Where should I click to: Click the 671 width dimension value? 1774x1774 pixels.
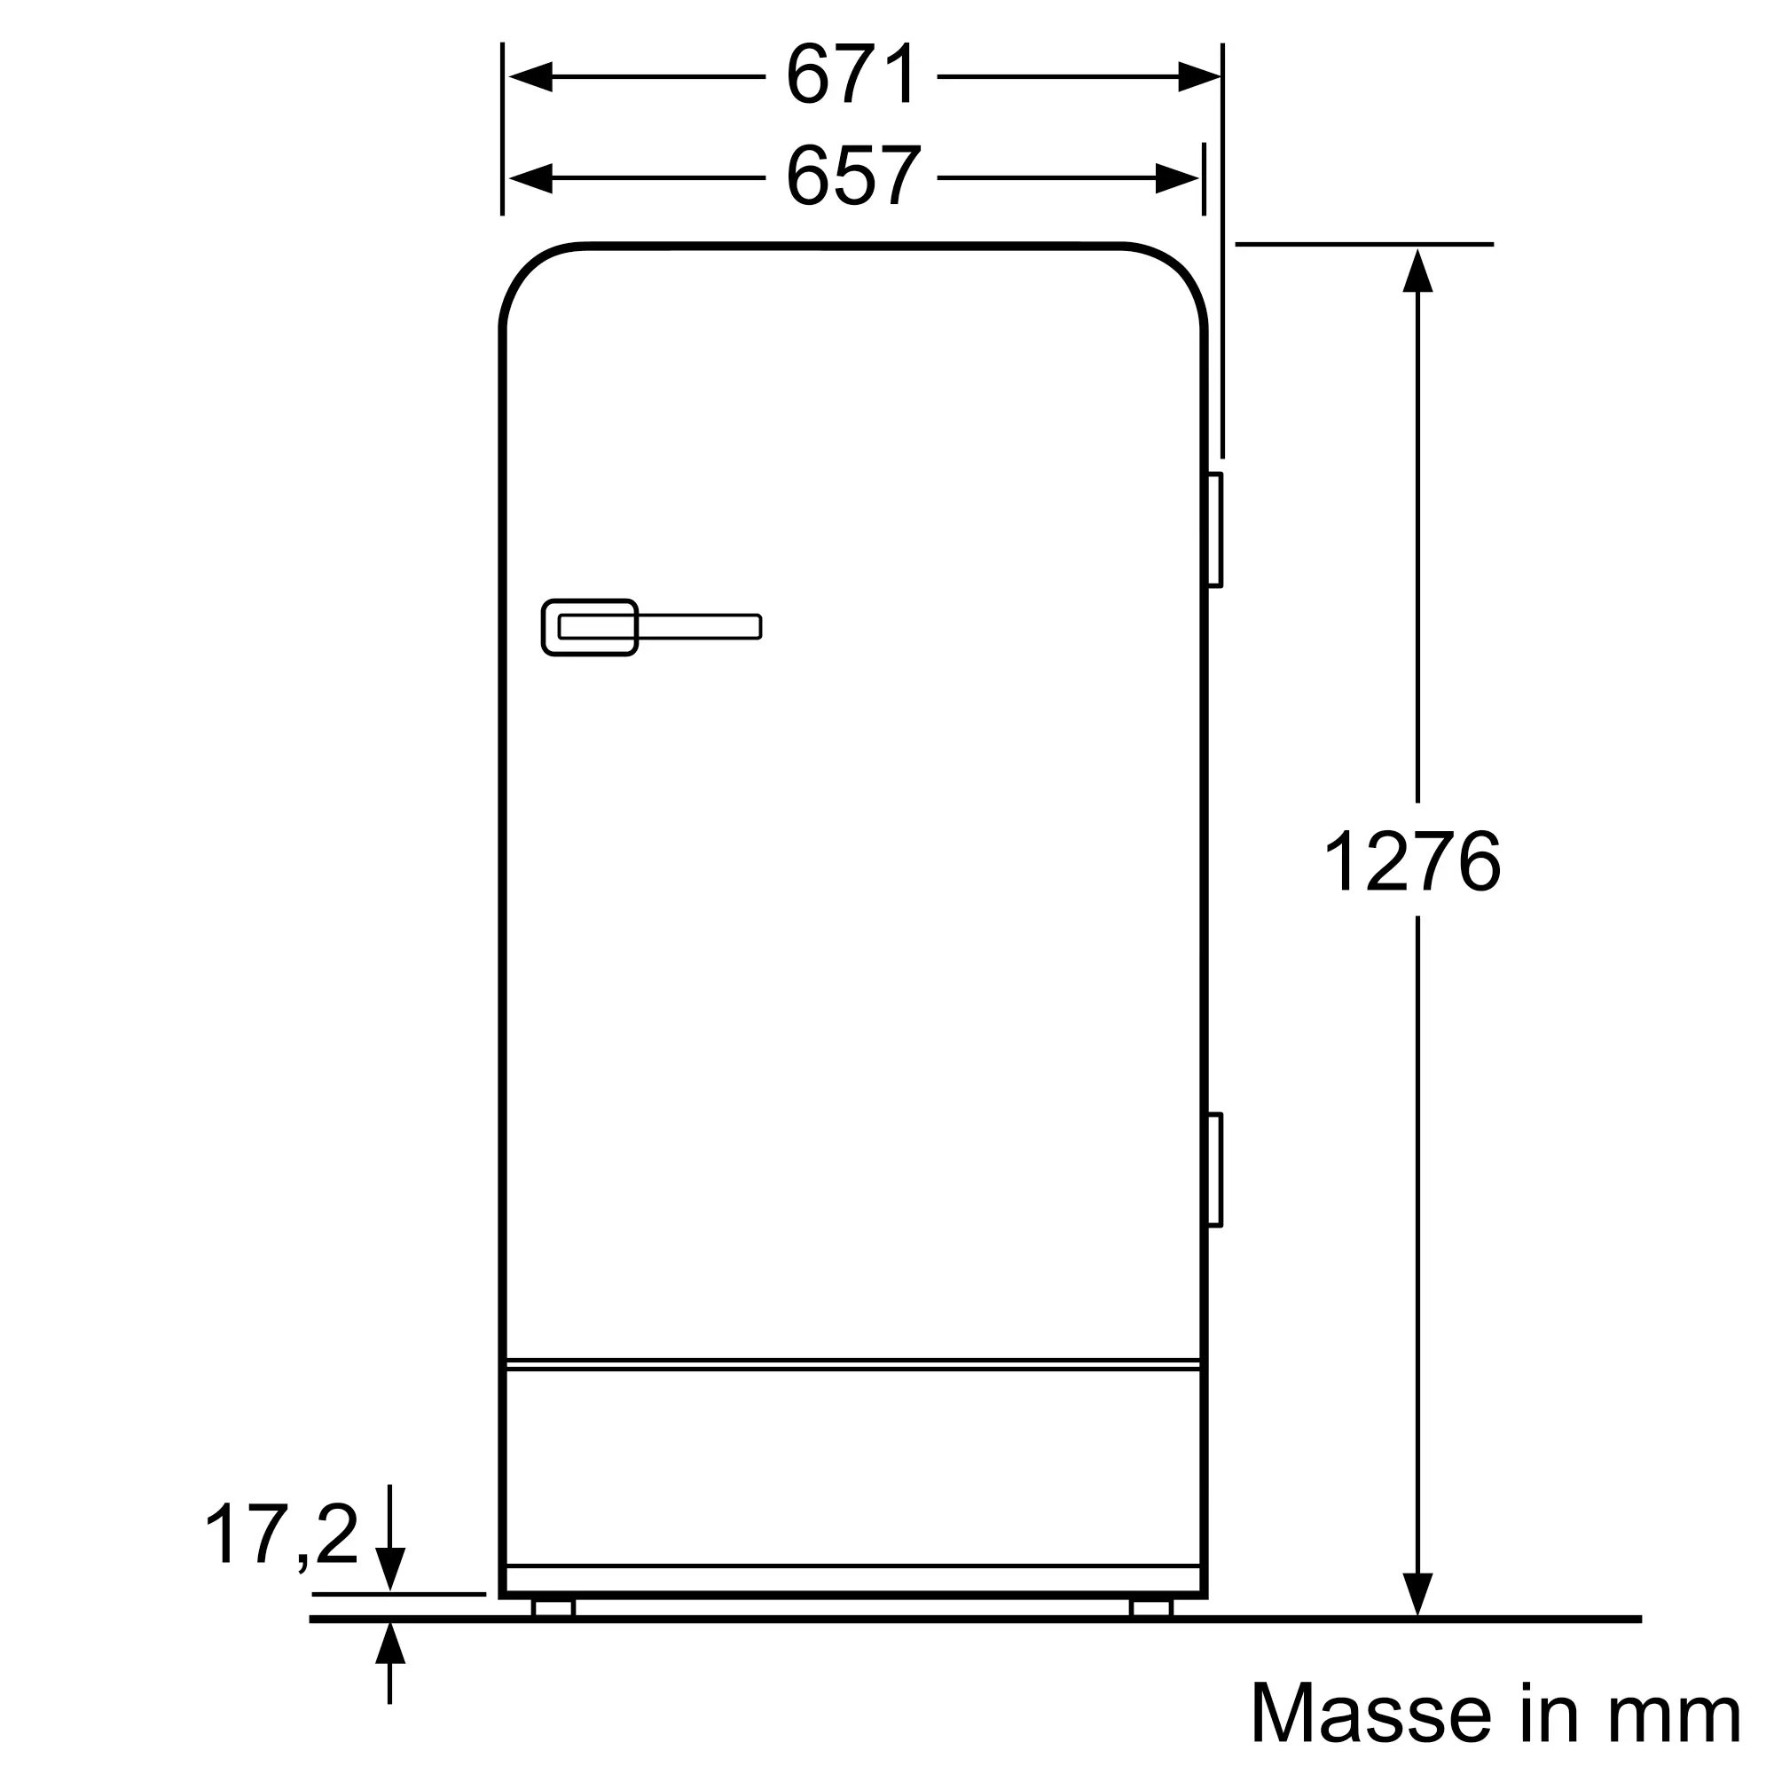pyautogui.click(x=852, y=75)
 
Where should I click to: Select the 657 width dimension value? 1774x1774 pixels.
pyautogui.click(x=853, y=176)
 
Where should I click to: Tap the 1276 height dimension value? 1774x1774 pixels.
pyautogui.click(x=1411, y=860)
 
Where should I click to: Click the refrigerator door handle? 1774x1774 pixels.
pyautogui.click(x=651, y=627)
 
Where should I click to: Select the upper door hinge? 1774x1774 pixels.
pyautogui.click(x=1214, y=530)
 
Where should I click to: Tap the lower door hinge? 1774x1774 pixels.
pyautogui.click(x=1214, y=1170)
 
